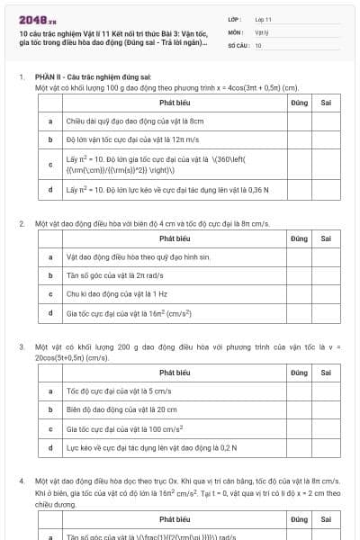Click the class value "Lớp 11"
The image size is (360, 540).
point(264,18)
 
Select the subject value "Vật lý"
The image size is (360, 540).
point(262,31)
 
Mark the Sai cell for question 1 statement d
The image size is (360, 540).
point(326,190)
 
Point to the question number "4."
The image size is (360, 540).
point(22,481)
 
